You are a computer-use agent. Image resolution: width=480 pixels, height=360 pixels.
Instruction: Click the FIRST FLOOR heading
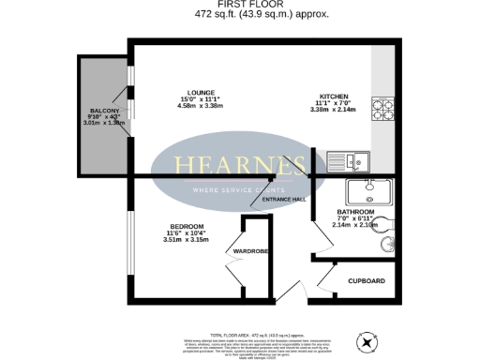pyautogui.click(x=239, y=5)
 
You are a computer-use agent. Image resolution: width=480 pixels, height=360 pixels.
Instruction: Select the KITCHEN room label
pyautogui.click(x=335, y=97)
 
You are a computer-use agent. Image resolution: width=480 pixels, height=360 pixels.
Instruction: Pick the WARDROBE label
pyautogui.click(x=251, y=251)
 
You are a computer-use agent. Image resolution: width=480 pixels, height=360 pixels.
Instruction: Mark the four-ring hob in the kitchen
pyautogui.click(x=383, y=109)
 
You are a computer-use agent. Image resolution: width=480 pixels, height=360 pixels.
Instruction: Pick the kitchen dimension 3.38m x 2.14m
pyautogui.click(x=335, y=110)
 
